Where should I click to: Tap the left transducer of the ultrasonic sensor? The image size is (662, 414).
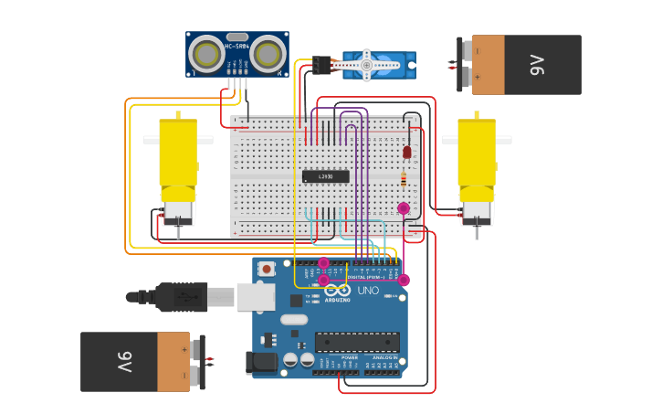click(x=206, y=56)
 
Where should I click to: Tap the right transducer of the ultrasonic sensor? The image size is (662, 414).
click(x=266, y=56)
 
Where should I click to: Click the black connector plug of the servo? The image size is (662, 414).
click(x=320, y=65)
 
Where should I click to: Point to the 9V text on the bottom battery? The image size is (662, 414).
click(x=124, y=362)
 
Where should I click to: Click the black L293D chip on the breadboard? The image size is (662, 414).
click(x=325, y=176)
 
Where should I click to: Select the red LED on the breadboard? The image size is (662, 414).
click(x=407, y=152)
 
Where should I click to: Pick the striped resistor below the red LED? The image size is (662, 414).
click(x=404, y=178)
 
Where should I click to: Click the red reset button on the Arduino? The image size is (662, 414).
click(x=267, y=269)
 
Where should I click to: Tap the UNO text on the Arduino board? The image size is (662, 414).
click(x=367, y=291)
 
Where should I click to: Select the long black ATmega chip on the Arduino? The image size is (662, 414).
click(x=357, y=342)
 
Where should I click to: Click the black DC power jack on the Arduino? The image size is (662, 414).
click(x=262, y=363)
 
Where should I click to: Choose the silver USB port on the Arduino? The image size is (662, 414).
click(x=256, y=296)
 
